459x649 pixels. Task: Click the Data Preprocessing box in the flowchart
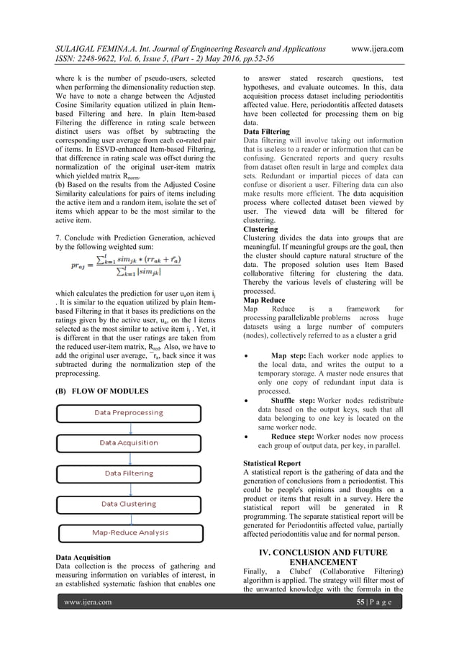[129, 413]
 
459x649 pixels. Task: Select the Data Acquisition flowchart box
[129, 442]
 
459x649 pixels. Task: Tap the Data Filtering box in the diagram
[129, 473]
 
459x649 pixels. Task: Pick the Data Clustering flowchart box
[129, 504]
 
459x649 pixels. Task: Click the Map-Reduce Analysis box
[129, 532]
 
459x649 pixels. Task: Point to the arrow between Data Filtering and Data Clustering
[129, 489]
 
